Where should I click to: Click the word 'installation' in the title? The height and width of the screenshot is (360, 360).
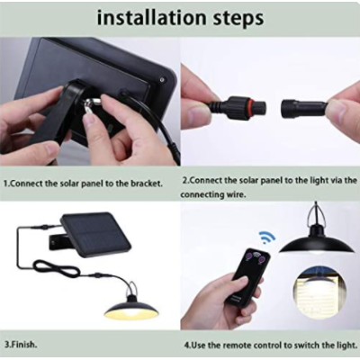pos(150,18)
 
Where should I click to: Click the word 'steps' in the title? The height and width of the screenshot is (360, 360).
pos(238,19)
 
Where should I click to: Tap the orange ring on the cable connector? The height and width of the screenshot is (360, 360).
pos(247,106)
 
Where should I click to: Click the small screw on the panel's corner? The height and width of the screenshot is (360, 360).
pos(162,80)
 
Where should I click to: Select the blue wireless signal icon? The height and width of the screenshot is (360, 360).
pos(267,237)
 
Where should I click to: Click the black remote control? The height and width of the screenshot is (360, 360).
pos(250,277)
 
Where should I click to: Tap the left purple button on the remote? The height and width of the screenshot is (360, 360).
pos(248,256)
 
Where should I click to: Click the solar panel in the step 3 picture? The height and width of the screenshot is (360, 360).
pos(96,232)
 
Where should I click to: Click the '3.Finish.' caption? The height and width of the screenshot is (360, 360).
pos(21,345)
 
